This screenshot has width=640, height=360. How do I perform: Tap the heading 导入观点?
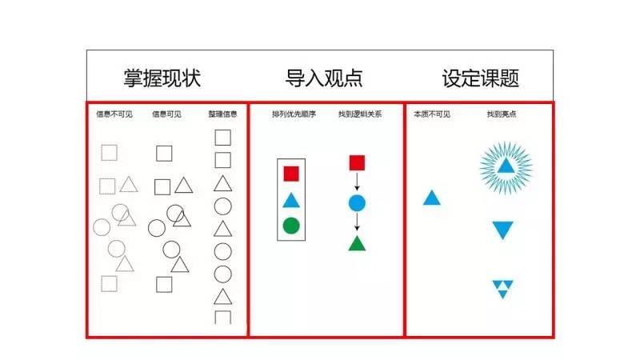coord(324,78)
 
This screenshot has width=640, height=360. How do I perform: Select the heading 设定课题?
coord(481,78)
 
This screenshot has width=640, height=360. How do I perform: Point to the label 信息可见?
coord(166,114)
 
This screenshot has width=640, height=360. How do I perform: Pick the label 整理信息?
coord(222,114)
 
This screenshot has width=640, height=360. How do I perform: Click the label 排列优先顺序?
coord(294,114)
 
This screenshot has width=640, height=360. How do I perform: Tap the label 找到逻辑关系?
coord(359,114)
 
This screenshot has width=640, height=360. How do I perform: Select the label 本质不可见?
coord(432,114)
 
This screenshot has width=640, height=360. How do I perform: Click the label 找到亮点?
coord(501,114)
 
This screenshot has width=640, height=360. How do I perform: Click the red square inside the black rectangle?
coord(291,173)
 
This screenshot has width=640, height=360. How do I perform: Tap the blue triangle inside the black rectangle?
coord(291,200)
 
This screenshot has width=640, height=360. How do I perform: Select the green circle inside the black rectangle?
coord(291,225)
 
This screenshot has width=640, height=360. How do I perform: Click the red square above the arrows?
coord(357,163)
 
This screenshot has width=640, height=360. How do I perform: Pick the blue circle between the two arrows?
coord(357,202)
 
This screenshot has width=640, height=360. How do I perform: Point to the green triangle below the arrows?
coord(357,243)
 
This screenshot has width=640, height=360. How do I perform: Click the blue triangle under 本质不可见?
coord(431,198)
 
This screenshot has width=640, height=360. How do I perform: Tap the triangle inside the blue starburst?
coord(506,166)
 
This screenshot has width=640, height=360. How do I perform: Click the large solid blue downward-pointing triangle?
coord(502,230)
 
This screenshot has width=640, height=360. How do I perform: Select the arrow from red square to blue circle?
coord(357,182)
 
